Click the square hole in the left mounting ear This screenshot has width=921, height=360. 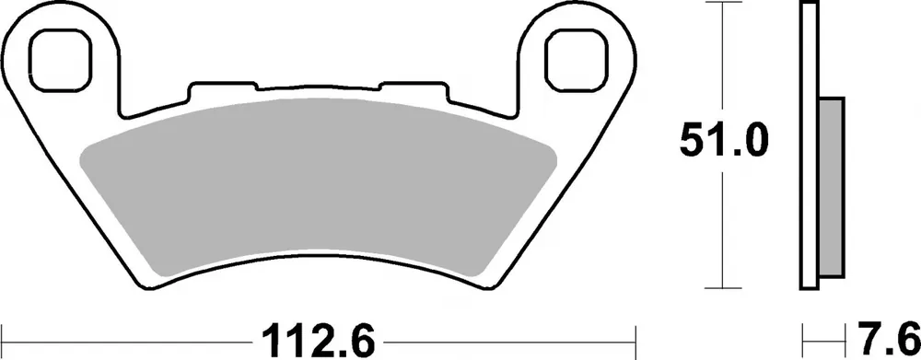pyautogui.click(x=62, y=57)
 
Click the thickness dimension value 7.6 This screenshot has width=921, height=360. pyautogui.click(x=888, y=338)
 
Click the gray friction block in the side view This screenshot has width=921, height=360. pyautogui.click(x=830, y=189)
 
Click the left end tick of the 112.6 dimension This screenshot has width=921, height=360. pyautogui.click(x=4, y=337)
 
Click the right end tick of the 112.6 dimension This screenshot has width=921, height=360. pyautogui.click(x=635, y=337)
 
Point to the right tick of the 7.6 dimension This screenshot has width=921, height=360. pyautogui.click(x=844, y=337)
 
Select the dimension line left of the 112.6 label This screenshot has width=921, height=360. pyautogui.click(x=129, y=337)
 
